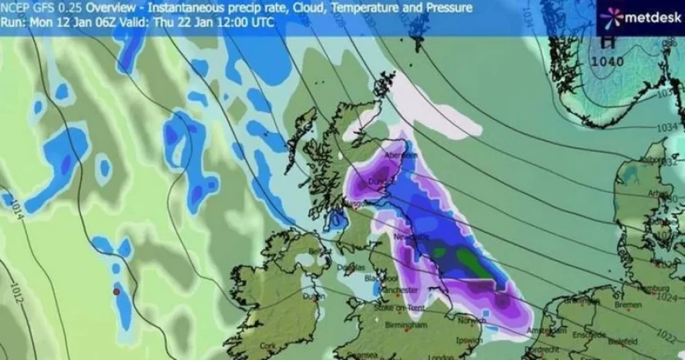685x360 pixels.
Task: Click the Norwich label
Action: pos(472,320)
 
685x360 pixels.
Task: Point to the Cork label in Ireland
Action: pos(268,346)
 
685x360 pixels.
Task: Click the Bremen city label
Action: pos(628,304)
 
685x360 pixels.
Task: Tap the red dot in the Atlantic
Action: pos(117,292)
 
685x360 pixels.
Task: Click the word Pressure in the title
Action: pos(446,8)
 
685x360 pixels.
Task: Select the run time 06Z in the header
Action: pos(94,23)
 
